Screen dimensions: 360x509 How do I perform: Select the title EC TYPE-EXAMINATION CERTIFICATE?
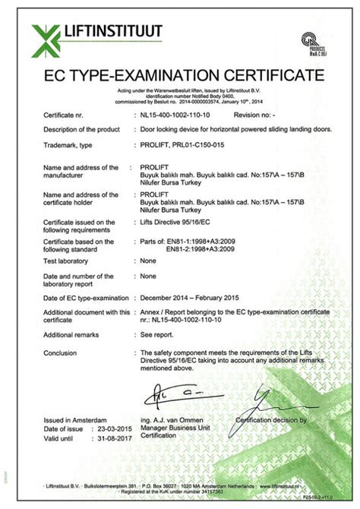click(179, 76)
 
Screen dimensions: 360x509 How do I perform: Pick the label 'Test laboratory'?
click(65, 260)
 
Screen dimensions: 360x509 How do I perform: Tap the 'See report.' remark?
click(156, 335)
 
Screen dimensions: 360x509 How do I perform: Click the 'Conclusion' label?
click(61, 352)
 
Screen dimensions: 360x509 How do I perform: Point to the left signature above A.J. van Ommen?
click(171, 395)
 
